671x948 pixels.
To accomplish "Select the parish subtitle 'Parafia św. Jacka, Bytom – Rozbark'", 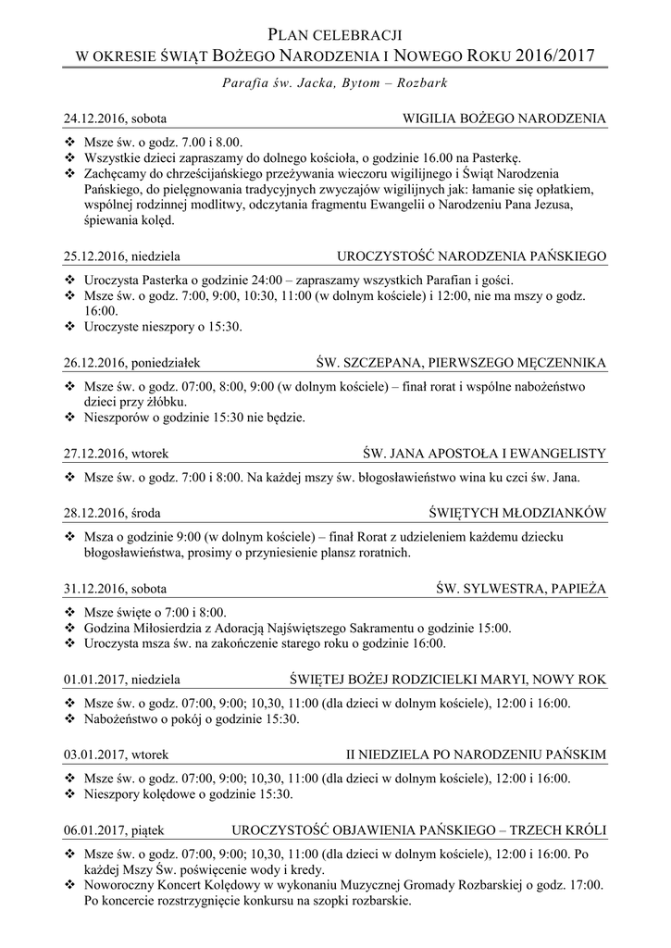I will pyautogui.click(x=335, y=82).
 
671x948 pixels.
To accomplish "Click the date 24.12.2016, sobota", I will pyautogui.click(x=116, y=119).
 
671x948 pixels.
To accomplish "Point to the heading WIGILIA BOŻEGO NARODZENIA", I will pyautogui.click(x=504, y=119).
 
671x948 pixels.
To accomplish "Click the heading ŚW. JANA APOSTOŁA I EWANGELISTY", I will pyautogui.click(x=485, y=453).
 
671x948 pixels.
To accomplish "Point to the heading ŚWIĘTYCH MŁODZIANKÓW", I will pyautogui.click(x=517, y=512).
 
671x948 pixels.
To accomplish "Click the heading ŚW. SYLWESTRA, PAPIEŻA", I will pyautogui.click(x=521, y=588).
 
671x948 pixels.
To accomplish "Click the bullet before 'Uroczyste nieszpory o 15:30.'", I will pyautogui.click(x=70, y=327).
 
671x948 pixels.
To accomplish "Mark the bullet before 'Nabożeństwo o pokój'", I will pyautogui.click(x=70, y=718).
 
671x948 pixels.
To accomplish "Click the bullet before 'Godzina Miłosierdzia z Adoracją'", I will pyautogui.click(x=70, y=629).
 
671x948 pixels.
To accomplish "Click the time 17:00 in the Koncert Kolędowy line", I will pyautogui.click(x=584, y=885).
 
